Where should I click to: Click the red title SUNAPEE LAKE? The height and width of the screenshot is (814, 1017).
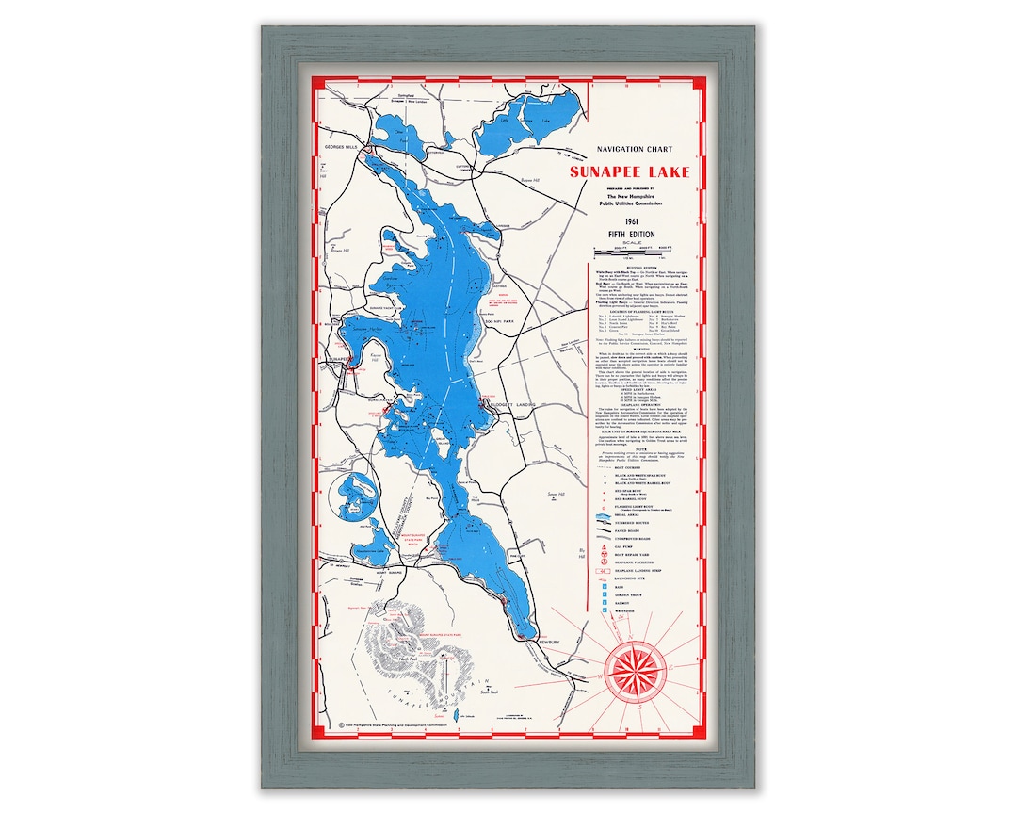[x=629, y=172]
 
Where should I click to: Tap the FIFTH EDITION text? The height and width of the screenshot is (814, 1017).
[x=630, y=235]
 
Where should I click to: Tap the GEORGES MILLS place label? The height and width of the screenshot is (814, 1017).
[x=343, y=148]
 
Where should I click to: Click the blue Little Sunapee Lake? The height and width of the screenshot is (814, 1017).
[x=532, y=117]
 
